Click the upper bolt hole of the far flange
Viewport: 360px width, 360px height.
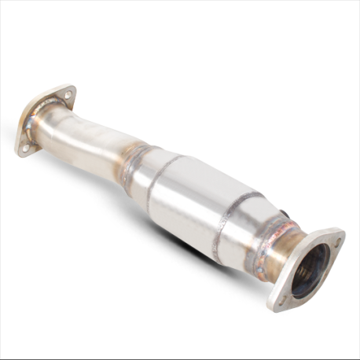[x=68, y=95]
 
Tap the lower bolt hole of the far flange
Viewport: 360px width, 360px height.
[x=25, y=146]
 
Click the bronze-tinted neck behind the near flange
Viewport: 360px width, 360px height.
[x=279, y=244]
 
